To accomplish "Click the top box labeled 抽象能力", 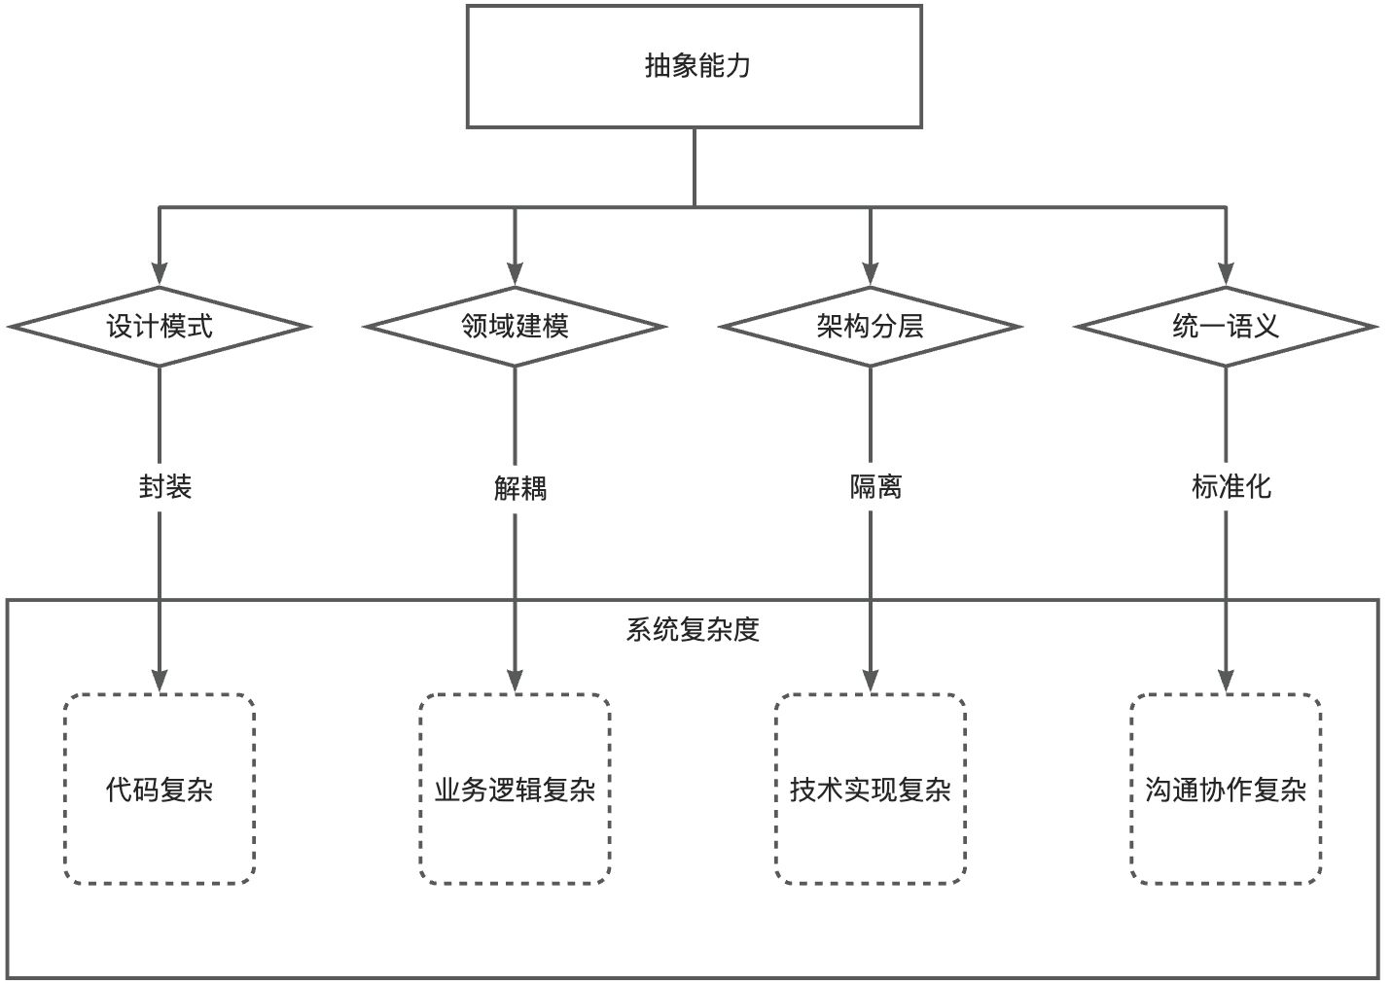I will click(x=694, y=66).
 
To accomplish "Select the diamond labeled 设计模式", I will click(x=159, y=327).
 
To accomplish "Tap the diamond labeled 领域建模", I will click(x=515, y=327).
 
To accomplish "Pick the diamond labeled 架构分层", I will click(x=870, y=327).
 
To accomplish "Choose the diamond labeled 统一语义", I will click(x=1226, y=327).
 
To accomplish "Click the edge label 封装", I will click(x=165, y=486).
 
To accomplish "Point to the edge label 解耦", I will click(x=520, y=487).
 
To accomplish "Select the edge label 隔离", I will click(x=875, y=486).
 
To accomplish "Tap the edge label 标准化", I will click(x=1230, y=486).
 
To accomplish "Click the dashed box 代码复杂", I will click(x=160, y=789).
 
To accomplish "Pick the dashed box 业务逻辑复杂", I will click(x=515, y=789).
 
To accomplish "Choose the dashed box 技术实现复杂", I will click(x=870, y=789).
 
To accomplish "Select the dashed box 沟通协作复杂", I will click(x=1226, y=789).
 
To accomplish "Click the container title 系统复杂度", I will click(x=692, y=630).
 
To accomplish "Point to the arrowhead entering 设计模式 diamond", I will click(x=160, y=275).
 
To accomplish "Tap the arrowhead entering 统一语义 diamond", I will click(x=1226, y=275).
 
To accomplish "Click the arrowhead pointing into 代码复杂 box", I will click(x=160, y=681).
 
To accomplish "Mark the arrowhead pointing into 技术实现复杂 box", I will click(x=870, y=681).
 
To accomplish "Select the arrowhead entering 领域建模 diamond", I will click(x=515, y=275).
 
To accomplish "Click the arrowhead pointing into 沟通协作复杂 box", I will click(x=1226, y=681).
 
